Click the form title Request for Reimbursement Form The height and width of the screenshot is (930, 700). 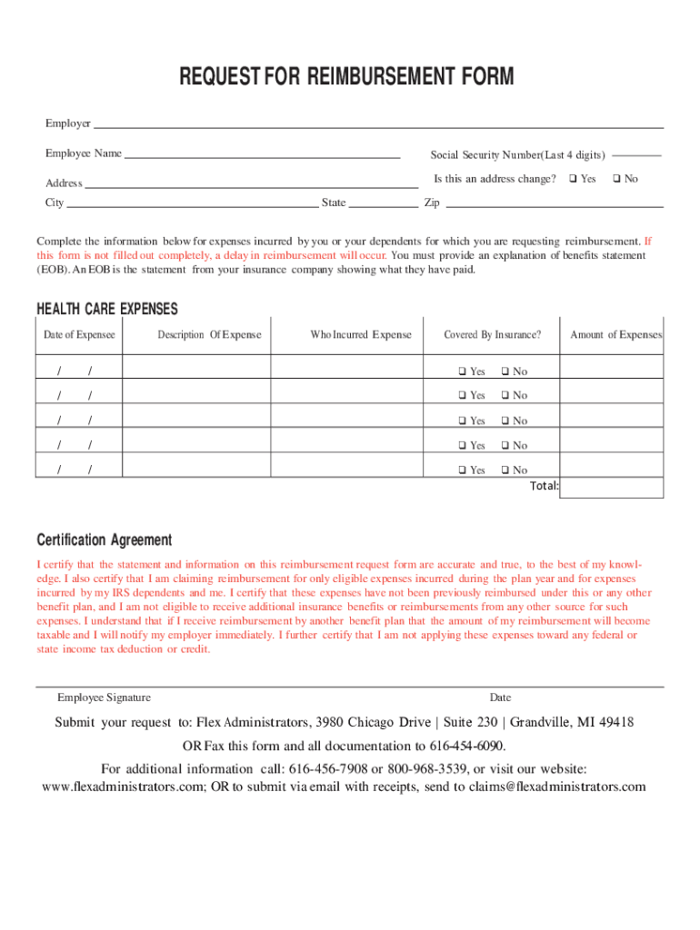[350, 77]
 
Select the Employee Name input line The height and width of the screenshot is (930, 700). [262, 155]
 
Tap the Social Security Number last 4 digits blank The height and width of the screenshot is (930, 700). [643, 154]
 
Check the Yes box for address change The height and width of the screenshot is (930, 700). [574, 179]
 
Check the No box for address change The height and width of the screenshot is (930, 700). [617, 179]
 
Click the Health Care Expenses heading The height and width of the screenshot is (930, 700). [107, 310]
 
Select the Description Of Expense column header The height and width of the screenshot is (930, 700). [209, 335]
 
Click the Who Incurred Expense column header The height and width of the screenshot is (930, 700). [361, 335]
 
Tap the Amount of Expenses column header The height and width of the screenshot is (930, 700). [616, 335]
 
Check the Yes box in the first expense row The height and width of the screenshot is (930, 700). [462, 371]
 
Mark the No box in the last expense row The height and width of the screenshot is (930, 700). [505, 470]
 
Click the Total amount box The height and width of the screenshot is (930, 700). [612, 486]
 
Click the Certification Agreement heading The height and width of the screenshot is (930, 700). [104, 540]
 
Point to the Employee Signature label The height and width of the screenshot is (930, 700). [105, 697]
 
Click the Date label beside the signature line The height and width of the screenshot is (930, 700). [500, 697]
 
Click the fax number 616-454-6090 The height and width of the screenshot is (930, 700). [467, 747]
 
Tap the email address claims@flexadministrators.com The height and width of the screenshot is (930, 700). [550, 787]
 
